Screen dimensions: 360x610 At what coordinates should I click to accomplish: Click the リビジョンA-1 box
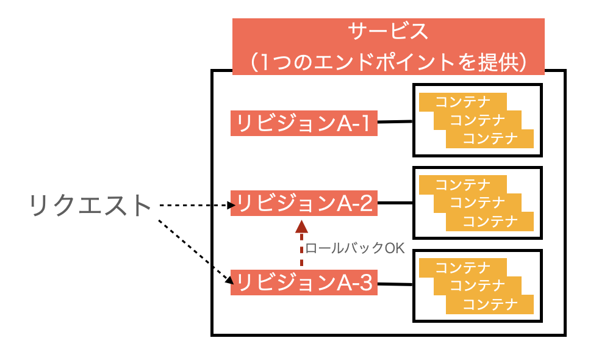(304, 124)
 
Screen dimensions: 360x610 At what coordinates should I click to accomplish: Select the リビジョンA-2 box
(304, 203)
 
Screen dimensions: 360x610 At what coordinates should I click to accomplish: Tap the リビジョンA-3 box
(304, 283)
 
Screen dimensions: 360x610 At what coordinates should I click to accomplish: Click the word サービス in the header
(388, 32)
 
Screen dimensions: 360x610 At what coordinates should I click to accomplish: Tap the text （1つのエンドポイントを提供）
(388, 61)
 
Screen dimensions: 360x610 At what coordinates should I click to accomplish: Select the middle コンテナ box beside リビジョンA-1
(478, 120)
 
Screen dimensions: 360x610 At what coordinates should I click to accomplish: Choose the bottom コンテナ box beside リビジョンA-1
(490, 139)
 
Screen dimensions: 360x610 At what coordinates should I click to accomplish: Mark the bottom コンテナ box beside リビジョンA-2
(490, 221)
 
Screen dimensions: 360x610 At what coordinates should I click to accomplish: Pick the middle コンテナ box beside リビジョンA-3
(478, 285)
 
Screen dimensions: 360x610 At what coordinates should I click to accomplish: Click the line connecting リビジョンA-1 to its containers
(395, 122)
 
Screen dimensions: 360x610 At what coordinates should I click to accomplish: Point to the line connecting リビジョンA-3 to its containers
(395, 284)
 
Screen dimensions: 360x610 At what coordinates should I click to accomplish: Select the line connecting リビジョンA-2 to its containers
(395, 203)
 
